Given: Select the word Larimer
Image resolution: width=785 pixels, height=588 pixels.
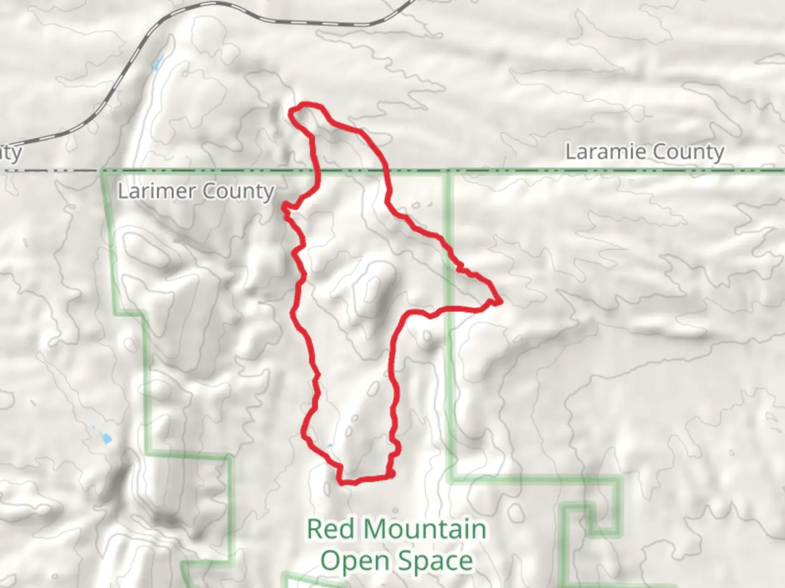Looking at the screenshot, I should (156, 191).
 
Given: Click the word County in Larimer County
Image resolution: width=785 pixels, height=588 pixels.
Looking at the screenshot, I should (238, 192).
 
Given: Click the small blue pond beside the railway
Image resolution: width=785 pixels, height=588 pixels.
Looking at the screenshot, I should (158, 64).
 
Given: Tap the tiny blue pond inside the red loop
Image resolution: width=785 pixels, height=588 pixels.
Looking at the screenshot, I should (329, 447).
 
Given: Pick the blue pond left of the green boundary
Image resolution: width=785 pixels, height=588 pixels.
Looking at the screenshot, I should (103, 435).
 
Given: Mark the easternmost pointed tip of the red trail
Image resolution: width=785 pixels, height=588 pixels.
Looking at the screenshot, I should (500, 301).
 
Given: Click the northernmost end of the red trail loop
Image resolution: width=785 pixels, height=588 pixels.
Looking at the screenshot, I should (305, 103).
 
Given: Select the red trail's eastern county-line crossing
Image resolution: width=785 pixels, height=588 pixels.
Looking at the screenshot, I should (387, 171).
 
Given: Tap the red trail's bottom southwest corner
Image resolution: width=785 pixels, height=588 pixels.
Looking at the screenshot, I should (342, 481).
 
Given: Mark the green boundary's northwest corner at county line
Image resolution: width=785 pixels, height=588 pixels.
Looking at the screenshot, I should (103, 171).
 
